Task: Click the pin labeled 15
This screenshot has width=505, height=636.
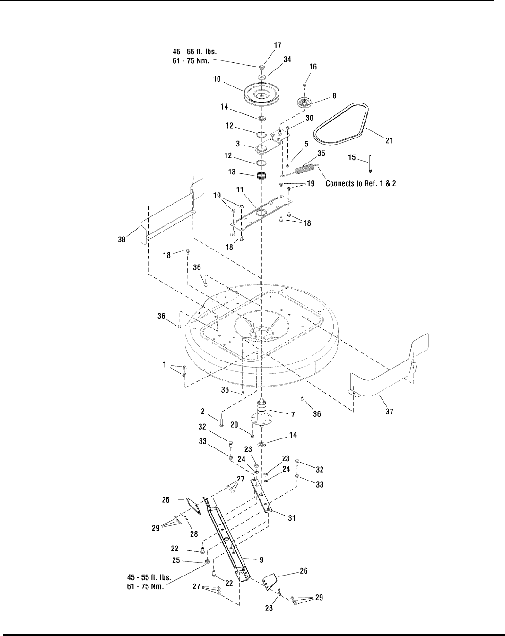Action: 370,164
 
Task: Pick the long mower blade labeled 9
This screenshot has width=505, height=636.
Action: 226,539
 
